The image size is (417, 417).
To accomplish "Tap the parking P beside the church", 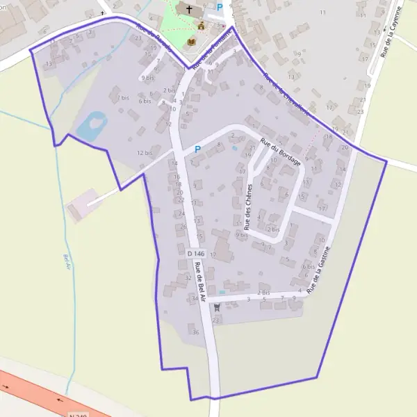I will pos(220,8).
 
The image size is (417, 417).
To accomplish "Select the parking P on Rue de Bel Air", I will pos(197,149).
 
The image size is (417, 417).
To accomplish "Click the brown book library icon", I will pos(191,42).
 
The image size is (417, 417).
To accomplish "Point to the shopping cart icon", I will pos(217,306).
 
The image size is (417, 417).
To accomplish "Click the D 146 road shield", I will pos(195,254).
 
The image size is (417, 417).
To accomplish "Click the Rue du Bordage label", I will pos(280,152).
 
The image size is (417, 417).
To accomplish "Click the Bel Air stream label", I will pos(67,263).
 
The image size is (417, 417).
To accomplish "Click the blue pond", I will pos(91,125).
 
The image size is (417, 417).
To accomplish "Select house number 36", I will pos(195,332).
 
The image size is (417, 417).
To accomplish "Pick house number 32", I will pos(188,277).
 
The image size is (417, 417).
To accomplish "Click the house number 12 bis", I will pos(145,153).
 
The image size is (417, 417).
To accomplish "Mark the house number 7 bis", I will pos(123,98).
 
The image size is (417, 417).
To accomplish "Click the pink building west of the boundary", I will pos(77,206).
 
